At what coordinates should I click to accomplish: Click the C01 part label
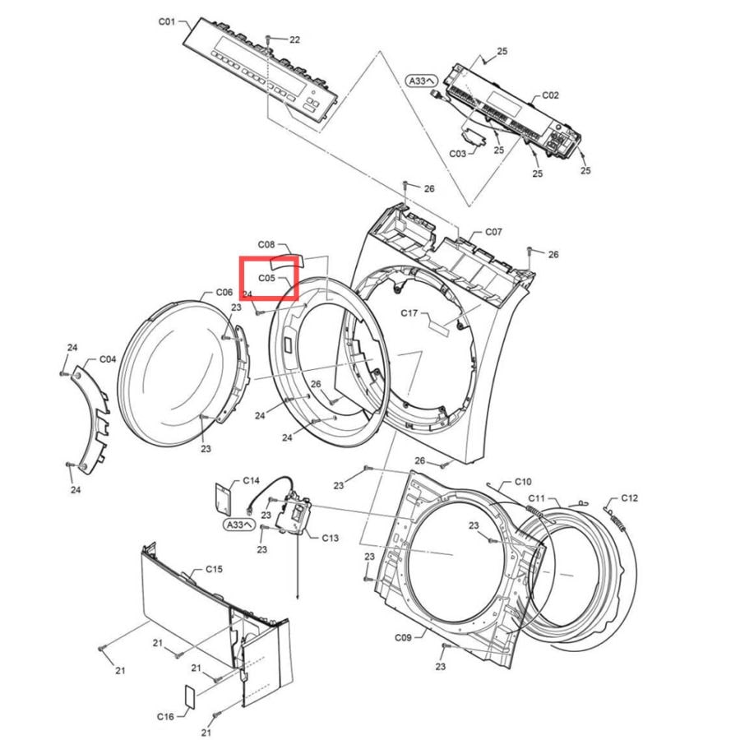(167, 21)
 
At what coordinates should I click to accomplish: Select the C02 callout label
(550, 95)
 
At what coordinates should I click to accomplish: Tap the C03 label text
(457, 154)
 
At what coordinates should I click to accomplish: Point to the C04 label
(108, 359)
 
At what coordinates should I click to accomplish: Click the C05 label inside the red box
(266, 278)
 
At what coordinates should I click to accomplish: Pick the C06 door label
(224, 292)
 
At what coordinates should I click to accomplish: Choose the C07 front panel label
(493, 232)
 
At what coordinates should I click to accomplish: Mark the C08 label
(266, 244)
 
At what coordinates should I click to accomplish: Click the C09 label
(403, 637)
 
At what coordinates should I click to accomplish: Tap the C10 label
(523, 481)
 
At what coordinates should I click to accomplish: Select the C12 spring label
(629, 498)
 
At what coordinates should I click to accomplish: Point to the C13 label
(331, 538)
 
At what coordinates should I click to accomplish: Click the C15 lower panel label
(214, 569)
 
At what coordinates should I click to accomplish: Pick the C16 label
(165, 716)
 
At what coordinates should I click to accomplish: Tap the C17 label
(409, 313)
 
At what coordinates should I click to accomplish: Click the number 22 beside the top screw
(294, 39)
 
